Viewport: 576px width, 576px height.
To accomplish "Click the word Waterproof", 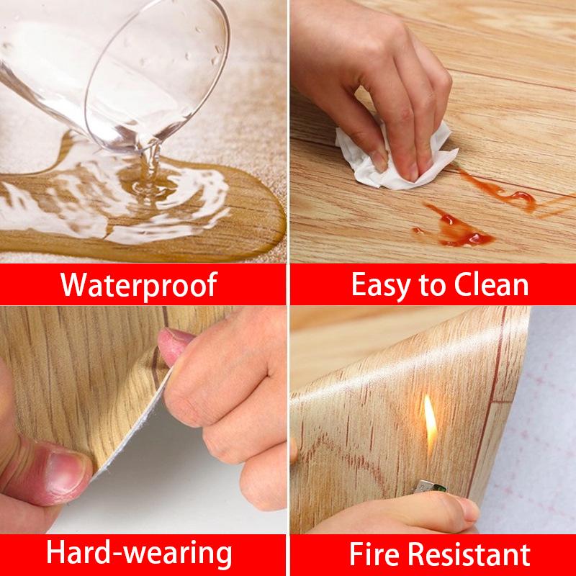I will click(139, 285).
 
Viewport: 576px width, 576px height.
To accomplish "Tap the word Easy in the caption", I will click(381, 285).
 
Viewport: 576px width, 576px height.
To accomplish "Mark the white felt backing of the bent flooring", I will click(137, 446).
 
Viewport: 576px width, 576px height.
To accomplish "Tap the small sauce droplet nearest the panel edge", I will click(418, 230).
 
